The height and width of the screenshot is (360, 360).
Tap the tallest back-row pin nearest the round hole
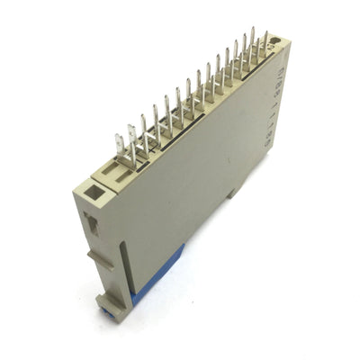[253, 40]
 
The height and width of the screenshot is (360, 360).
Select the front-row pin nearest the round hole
[264, 45]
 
